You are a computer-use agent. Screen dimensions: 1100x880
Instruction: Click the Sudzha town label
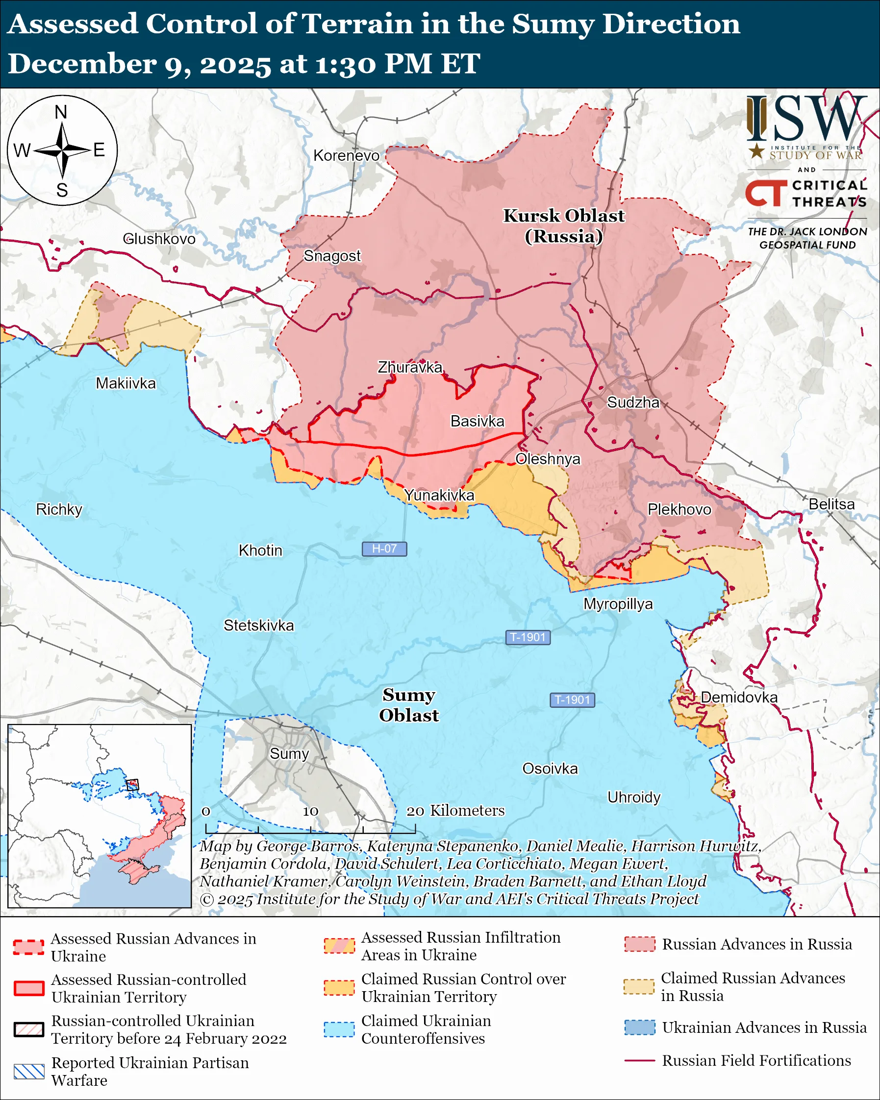click(x=633, y=402)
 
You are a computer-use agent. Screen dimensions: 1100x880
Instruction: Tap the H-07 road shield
click(x=384, y=549)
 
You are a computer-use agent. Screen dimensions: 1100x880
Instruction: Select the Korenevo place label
click(x=347, y=155)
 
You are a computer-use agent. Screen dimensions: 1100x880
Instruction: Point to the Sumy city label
click(x=289, y=753)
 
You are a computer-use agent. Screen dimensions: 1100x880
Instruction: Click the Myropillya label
click(x=618, y=604)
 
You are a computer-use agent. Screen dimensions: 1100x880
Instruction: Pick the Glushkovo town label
click(x=159, y=239)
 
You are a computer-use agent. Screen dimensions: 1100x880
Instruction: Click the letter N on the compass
click(x=61, y=112)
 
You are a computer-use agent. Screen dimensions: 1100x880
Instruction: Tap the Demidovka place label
click(x=739, y=698)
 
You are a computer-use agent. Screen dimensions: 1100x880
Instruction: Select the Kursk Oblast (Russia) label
click(x=564, y=225)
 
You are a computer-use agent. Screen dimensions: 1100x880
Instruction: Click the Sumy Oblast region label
click(x=409, y=705)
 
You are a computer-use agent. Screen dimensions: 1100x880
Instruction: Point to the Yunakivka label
click(x=439, y=496)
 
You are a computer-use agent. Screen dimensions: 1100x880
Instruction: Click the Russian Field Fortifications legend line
click(x=640, y=1061)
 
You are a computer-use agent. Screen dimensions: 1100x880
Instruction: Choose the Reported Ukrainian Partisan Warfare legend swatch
click(x=29, y=1072)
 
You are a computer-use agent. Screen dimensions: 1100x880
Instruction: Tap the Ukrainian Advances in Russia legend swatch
click(x=640, y=1027)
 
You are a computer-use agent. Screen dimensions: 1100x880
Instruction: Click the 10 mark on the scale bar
click(x=310, y=811)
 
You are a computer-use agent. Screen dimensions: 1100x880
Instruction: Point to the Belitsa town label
click(x=831, y=504)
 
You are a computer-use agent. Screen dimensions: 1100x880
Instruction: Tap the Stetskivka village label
click(x=259, y=625)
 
